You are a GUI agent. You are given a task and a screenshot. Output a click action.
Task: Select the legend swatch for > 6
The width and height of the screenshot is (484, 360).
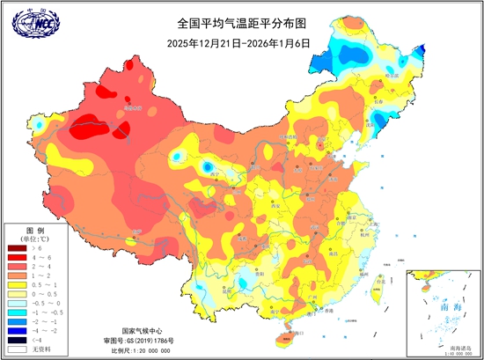pyautogui.click(x=14, y=250)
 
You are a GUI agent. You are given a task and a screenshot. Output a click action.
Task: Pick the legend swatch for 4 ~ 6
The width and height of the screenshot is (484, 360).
pyautogui.click(x=14, y=258)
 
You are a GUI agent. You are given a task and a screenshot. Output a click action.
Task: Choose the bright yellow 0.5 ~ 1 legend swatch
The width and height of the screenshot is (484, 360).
pyautogui.click(x=14, y=284)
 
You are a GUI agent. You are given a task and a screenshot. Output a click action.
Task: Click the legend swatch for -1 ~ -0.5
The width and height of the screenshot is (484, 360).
pyautogui.click(x=14, y=310)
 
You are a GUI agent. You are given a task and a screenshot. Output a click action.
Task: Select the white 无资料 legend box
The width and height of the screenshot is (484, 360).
pyautogui.click(x=14, y=349)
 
